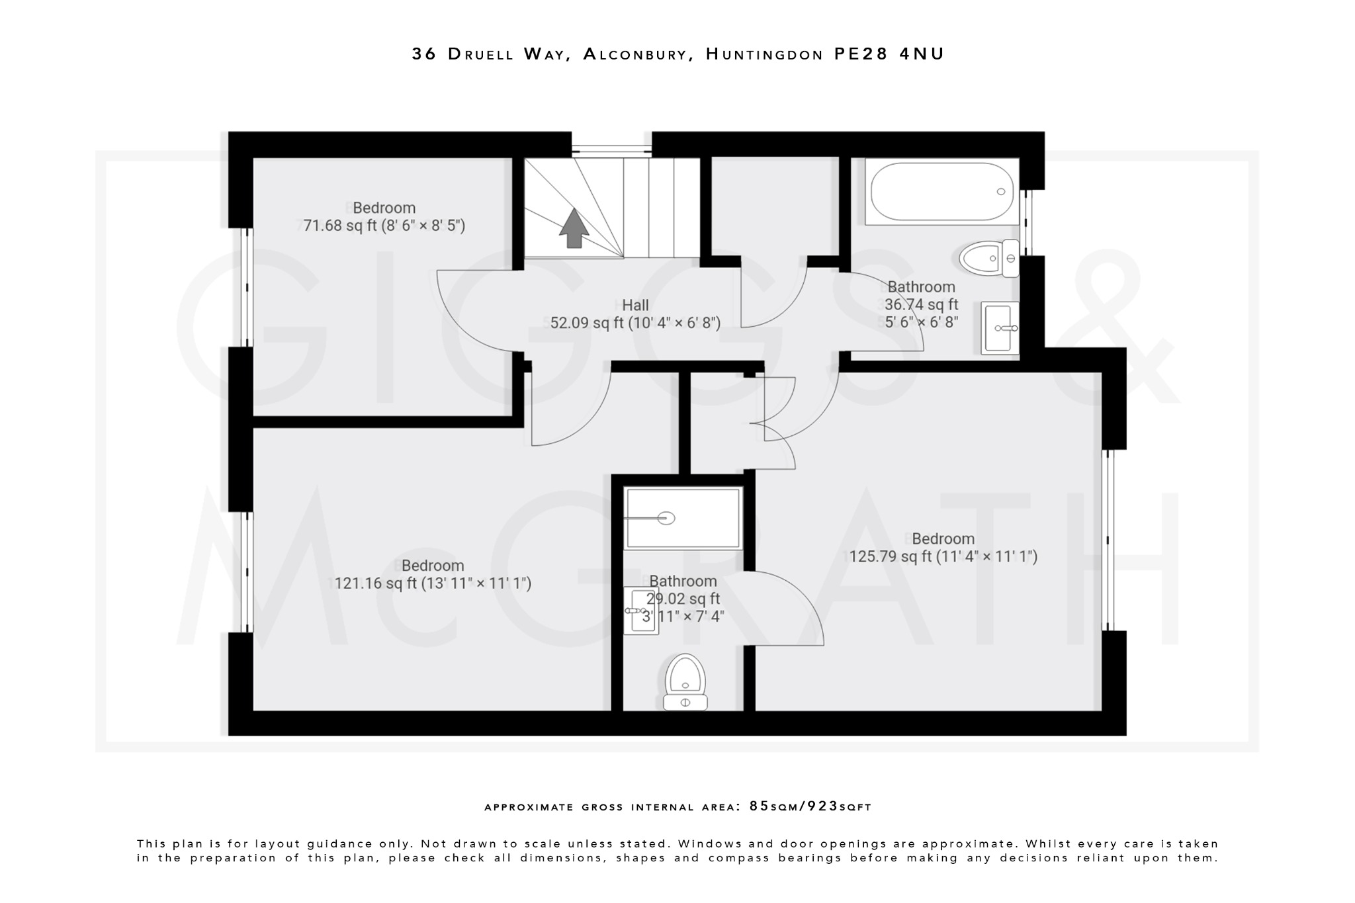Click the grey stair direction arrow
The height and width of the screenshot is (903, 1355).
(574, 228)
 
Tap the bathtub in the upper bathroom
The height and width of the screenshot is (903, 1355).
(941, 192)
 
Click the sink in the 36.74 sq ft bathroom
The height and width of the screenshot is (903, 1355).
(1000, 328)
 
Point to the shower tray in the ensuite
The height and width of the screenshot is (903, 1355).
(683, 518)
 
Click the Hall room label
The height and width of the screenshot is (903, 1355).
(635, 305)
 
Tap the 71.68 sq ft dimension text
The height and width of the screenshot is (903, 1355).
(384, 226)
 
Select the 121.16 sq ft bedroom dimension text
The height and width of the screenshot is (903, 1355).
(433, 583)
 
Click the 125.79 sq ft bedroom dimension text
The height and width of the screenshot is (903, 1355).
(943, 556)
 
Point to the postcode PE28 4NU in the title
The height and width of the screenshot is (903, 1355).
(889, 54)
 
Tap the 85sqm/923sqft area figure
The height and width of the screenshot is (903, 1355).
(810, 806)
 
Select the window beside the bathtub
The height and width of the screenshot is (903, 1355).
(1027, 222)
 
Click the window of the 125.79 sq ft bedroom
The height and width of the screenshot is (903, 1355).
(1108, 540)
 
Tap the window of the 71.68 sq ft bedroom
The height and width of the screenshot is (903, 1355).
(246, 287)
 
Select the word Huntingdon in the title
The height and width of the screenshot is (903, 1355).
(764, 54)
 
